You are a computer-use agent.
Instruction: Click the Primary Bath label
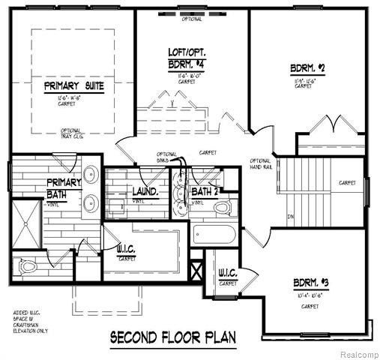[x=63, y=188]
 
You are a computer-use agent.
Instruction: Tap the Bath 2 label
[x=204, y=192]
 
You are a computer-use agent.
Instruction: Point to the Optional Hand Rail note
[x=260, y=166]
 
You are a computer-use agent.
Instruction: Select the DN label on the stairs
[x=290, y=218]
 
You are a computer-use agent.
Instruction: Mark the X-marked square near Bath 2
[x=199, y=268]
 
